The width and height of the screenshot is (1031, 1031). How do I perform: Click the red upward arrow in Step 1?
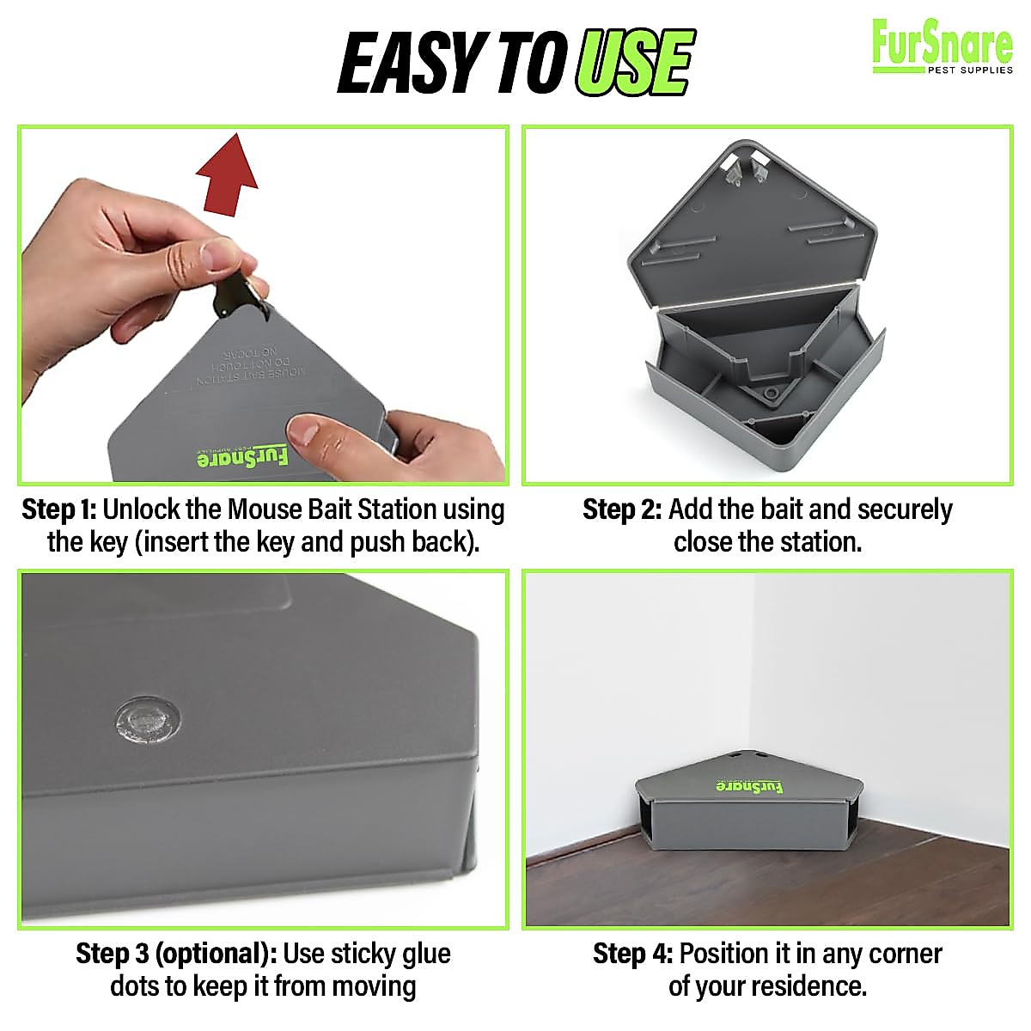click(227, 175)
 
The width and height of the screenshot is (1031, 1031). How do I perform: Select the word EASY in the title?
click(407, 64)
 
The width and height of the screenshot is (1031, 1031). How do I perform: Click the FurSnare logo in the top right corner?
click(942, 47)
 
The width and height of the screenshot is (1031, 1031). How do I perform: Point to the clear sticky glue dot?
click(148, 717)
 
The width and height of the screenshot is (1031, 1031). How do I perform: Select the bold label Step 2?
click(621, 509)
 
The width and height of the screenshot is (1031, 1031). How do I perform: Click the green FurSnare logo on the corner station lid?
click(749, 786)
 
